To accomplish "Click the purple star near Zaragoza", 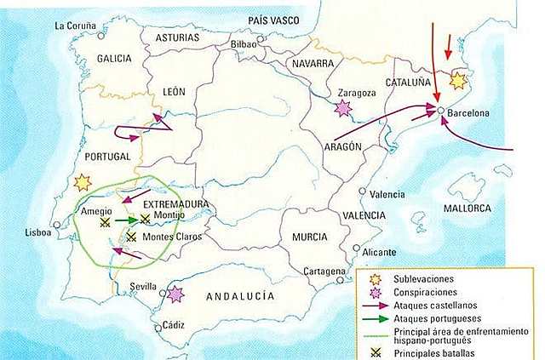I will pyautogui.click(x=343, y=108).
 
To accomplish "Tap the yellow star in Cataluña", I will pyautogui.click(x=458, y=81).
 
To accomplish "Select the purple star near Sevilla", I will pyautogui.click(x=175, y=294).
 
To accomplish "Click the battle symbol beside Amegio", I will pyautogui.click(x=104, y=222).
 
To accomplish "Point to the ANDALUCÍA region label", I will pyautogui.click(x=241, y=296).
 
